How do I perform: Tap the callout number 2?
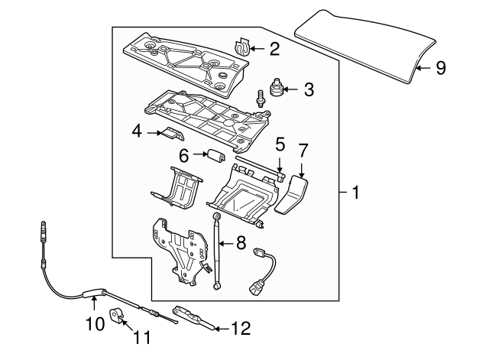(274, 50)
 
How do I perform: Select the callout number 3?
(308, 89)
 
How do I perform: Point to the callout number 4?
(138, 131)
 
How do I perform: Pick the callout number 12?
(240, 329)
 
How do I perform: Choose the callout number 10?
(93, 323)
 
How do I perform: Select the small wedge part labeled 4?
(170, 134)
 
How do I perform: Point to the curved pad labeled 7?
(293, 197)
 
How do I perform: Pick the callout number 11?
(142, 336)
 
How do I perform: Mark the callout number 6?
(183, 155)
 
